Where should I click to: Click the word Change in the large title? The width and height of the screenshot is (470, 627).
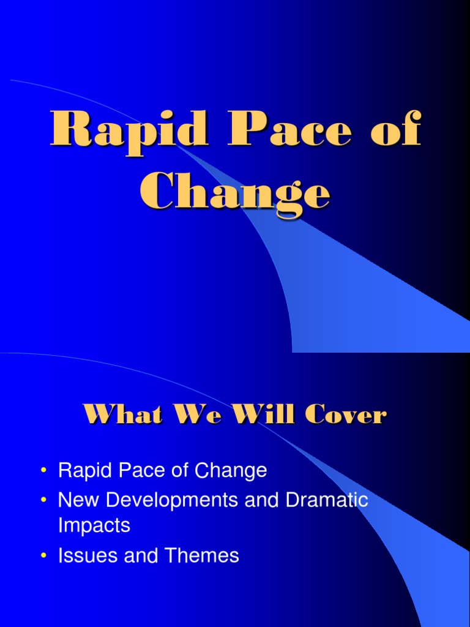[235, 192]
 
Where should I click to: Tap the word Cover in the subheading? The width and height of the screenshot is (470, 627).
[346, 416]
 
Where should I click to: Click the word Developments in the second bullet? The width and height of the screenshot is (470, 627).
[169, 500]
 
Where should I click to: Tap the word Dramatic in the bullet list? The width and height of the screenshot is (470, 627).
[327, 500]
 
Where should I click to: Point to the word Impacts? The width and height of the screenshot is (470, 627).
[94, 525]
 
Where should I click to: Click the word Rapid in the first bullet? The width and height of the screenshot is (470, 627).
[83, 471]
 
